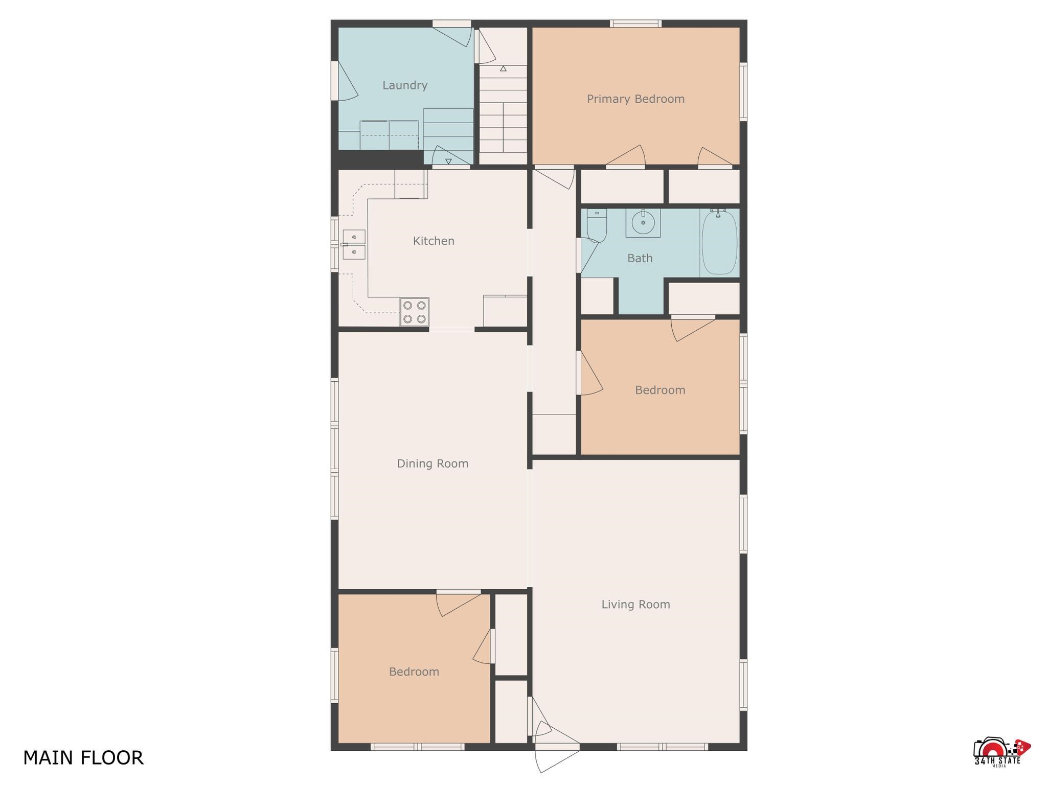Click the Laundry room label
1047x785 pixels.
405,85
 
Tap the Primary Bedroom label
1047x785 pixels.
635,99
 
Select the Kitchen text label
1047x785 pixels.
434,241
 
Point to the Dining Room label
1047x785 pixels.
433,464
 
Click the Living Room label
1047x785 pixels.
635,605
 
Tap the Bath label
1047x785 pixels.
640,259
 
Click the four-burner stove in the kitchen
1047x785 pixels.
414,312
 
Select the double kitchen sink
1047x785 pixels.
354,245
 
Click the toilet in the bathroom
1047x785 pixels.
597,225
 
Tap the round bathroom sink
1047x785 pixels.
643,223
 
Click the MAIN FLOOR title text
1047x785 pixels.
83,757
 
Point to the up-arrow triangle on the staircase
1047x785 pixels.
503,68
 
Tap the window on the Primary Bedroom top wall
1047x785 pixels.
635,23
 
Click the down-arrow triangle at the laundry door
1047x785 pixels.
448,161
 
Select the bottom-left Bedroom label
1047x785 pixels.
414,672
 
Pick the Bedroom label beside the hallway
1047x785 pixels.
660,390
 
